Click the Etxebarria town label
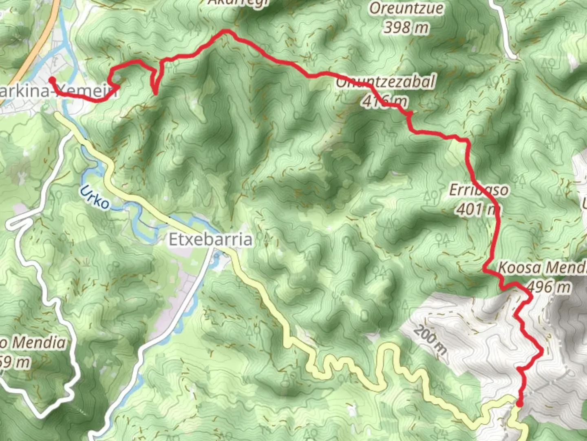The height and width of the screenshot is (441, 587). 210,240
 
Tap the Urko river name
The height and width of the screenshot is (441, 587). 95,197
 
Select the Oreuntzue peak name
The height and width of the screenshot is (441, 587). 406,9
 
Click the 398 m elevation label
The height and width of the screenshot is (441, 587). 406,28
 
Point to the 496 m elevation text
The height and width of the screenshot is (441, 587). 548,287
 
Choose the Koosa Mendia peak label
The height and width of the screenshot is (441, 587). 542,268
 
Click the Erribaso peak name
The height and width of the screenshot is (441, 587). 479,190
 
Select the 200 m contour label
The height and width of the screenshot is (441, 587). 430,340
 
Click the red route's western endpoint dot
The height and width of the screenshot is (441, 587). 52,80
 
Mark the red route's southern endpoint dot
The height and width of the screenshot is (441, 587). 519,404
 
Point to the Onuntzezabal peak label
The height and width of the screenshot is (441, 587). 386,82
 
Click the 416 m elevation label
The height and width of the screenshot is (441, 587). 384,100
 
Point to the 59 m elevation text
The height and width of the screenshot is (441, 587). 15,362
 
